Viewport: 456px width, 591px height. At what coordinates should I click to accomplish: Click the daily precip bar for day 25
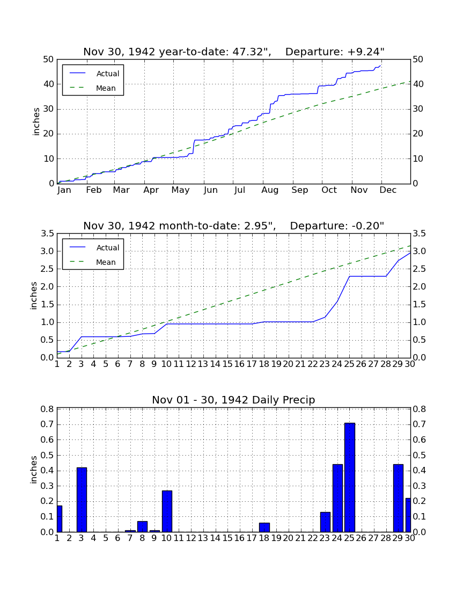tap(350, 477)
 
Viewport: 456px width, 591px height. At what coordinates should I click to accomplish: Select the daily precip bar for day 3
tap(82, 500)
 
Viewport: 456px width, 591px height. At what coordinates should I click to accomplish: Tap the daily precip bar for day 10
tap(167, 511)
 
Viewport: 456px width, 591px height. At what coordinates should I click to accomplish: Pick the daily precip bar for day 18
tap(264, 527)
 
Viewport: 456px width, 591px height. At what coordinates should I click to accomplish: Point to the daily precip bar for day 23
tap(326, 522)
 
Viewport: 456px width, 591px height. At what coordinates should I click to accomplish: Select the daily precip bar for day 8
tap(143, 527)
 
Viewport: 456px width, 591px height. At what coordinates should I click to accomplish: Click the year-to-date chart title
tap(234, 52)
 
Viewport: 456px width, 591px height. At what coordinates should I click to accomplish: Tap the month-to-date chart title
tap(234, 226)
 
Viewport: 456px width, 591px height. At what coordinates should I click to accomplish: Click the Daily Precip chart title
tap(234, 400)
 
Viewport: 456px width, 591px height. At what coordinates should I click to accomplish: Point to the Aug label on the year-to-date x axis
tap(270, 190)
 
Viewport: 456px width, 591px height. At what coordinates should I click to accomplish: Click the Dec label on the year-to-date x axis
tap(388, 190)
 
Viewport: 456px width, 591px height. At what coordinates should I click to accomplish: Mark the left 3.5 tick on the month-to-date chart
tap(47, 234)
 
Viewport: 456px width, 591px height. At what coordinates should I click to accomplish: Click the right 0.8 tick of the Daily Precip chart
tap(420, 409)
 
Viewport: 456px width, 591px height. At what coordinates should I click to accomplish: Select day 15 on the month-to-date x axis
tap(227, 364)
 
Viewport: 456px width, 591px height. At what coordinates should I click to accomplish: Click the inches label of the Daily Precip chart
tap(34, 470)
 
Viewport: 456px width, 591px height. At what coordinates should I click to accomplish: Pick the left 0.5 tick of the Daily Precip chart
tap(47, 455)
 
